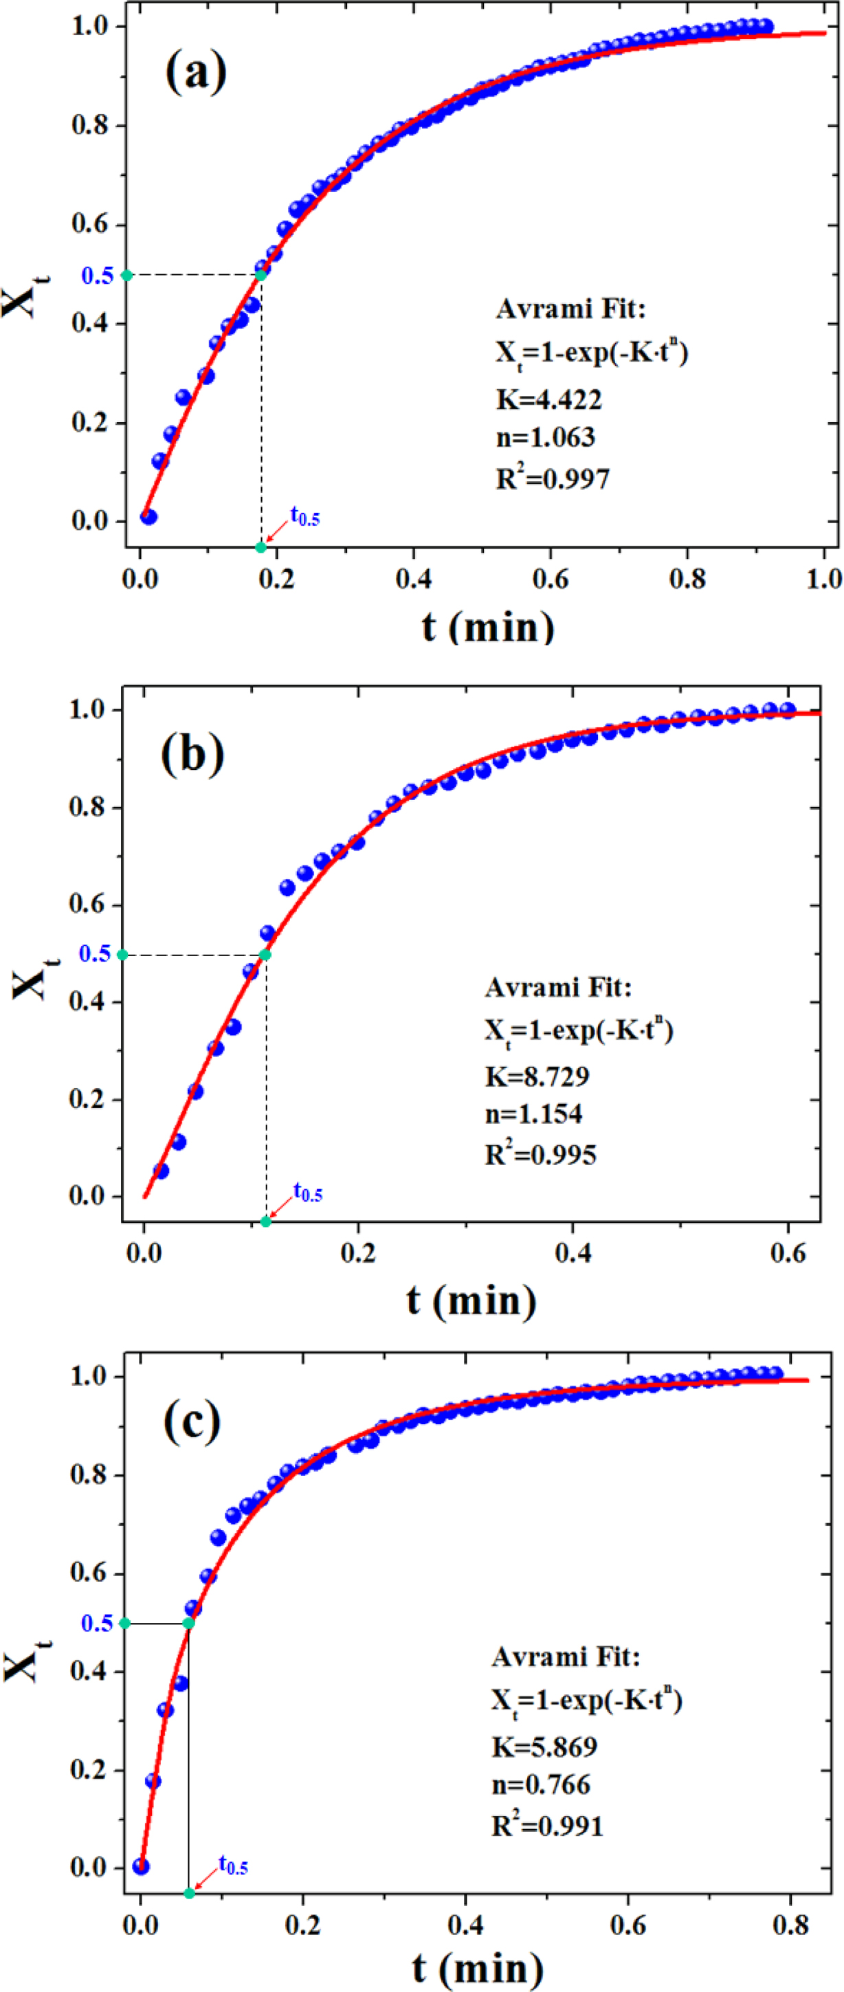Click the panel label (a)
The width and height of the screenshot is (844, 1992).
tap(196, 71)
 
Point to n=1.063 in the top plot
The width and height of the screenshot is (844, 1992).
tap(546, 438)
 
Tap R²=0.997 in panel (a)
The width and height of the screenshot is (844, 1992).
tap(553, 478)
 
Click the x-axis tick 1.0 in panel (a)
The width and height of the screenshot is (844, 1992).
tap(824, 579)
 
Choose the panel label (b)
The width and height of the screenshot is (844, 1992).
tap(192, 754)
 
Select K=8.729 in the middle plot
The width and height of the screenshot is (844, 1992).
tap(537, 1076)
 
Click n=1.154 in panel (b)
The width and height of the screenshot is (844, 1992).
tap(534, 1114)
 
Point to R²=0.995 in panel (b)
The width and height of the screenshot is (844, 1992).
tap(541, 1155)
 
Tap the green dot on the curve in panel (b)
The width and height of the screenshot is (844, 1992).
tap(265, 955)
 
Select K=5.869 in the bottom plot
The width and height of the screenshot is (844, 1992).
tap(544, 1747)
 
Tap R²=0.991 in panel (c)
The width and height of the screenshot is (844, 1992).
tap(547, 1826)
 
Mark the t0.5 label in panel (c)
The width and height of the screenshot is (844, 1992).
tap(232, 1866)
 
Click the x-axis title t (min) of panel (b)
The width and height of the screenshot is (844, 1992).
tap(471, 1301)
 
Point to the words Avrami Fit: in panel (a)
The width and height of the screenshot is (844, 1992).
tap(570, 309)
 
